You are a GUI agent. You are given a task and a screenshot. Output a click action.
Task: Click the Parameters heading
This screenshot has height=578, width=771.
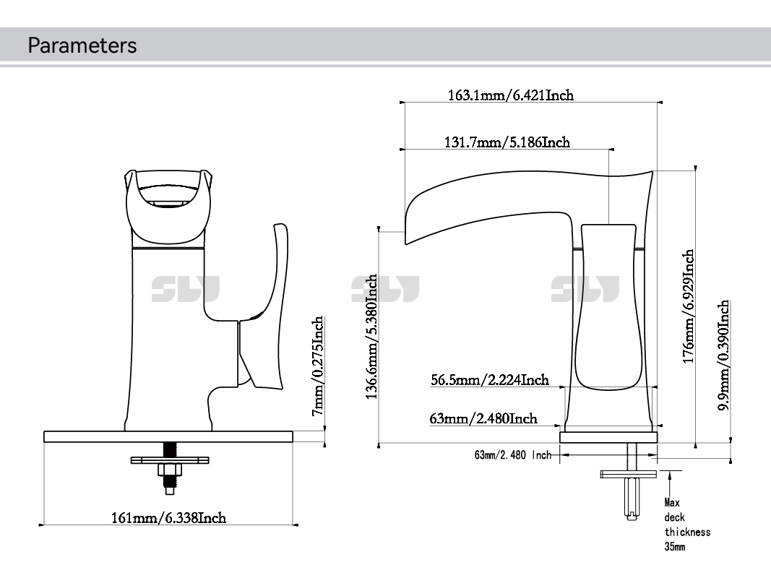pos(82,46)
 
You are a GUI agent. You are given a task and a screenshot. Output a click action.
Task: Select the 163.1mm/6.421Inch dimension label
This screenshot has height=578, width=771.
pos(511,95)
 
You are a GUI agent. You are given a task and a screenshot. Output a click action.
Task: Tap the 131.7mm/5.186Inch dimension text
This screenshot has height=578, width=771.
pos(507,142)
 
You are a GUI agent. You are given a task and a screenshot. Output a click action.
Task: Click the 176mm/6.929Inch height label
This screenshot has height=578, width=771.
pos(689,306)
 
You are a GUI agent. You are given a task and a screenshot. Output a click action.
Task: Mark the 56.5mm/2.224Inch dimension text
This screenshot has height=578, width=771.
pos(490,379)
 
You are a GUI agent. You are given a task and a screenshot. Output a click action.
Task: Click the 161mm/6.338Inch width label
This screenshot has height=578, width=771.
pos(168,517)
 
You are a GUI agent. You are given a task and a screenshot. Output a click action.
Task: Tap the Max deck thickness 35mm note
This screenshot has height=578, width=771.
pos(686,525)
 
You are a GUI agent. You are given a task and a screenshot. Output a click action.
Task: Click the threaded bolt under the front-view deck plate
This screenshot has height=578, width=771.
pos(170,449)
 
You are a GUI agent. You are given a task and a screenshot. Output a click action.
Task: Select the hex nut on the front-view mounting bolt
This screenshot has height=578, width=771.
pos(170,470)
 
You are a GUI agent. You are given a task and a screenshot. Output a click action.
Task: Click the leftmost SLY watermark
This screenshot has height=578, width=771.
pos(185,289)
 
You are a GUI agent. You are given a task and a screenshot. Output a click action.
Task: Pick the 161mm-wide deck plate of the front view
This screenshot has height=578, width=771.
pos(168,436)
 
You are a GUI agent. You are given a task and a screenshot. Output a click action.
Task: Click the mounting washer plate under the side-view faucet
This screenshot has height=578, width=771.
pos(629,474)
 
